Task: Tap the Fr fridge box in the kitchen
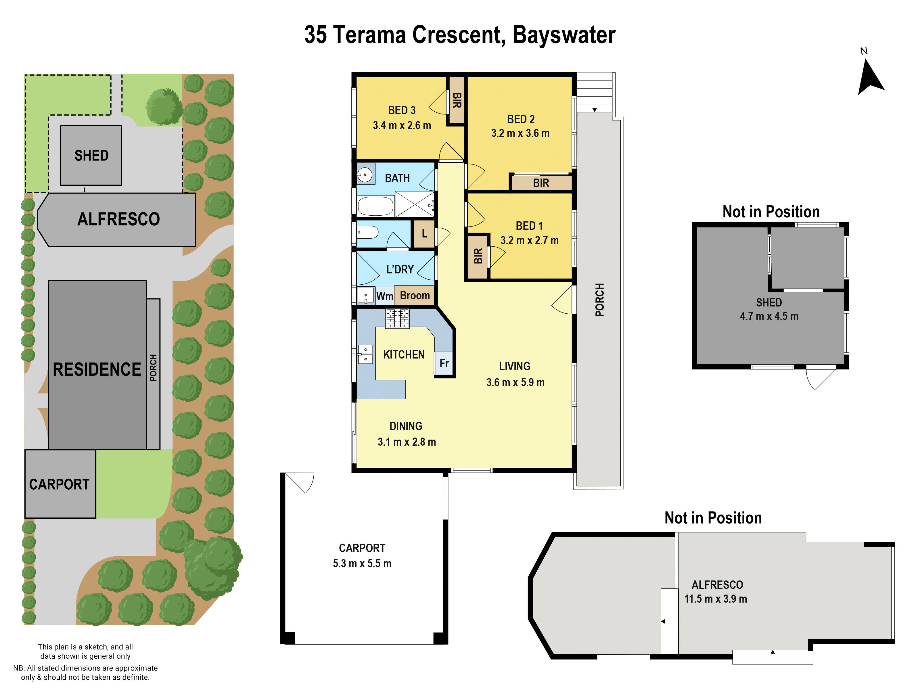coord(444,363)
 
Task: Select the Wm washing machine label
coord(384,296)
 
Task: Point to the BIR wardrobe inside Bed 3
coord(456,100)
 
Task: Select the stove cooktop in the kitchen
coord(397,319)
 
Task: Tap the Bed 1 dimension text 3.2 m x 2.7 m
coord(529,240)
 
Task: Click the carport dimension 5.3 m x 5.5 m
coord(362,563)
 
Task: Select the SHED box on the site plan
coord(91,155)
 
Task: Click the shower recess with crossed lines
coord(414,204)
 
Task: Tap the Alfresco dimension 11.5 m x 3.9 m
coord(715,599)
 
